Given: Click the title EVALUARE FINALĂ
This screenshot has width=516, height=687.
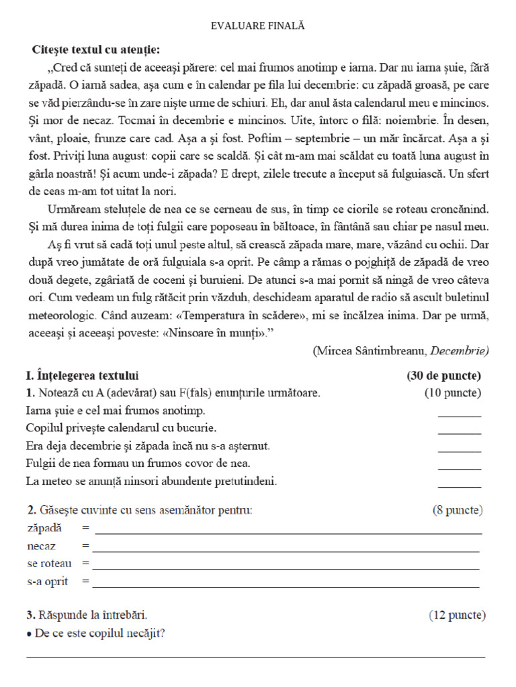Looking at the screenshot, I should coord(258,25).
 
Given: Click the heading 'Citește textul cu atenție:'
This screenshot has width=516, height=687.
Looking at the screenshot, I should coord(96,50).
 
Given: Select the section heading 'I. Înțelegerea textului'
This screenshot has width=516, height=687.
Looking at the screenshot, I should coord(83,375).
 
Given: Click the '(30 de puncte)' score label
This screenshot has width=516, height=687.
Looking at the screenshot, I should coord(443,375).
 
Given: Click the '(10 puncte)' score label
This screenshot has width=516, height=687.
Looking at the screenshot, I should coord(452,392).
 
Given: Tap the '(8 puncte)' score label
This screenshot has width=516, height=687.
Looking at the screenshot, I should coord(457,510).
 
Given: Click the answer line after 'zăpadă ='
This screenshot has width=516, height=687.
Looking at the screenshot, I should coord(288,532).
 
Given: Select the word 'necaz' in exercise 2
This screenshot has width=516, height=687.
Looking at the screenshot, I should coord(41,546).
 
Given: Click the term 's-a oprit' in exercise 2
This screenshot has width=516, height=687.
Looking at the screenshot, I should coord(48,582).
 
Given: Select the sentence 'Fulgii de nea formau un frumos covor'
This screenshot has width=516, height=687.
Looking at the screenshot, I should coord(138,463).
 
